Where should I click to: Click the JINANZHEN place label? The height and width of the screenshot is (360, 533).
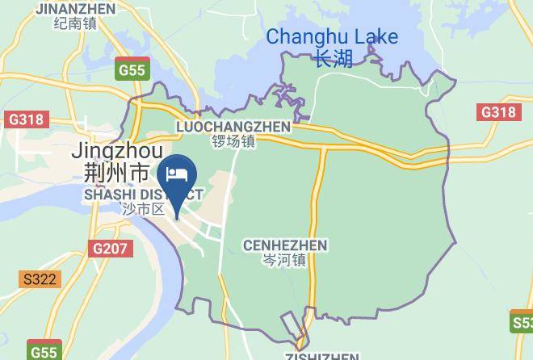click(75, 9)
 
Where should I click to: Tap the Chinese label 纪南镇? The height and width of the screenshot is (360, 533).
click(75, 23)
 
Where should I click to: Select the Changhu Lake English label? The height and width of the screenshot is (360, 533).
click(332, 36)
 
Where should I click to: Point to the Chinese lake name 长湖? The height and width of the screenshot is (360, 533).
click(334, 59)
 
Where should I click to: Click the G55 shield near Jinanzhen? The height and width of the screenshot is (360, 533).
click(131, 69)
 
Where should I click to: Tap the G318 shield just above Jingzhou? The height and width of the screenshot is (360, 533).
click(25, 119)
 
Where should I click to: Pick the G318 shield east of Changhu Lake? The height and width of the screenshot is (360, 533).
click(497, 112)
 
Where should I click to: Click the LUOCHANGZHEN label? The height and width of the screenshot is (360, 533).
click(233, 127)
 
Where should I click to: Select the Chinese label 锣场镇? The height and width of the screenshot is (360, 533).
click(233, 141)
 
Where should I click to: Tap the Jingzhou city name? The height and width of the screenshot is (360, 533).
click(117, 151)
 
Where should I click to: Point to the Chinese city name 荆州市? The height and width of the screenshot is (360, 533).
click(116, 172)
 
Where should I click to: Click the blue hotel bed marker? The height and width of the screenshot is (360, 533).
click(177, 175)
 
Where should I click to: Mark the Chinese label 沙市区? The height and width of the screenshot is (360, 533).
click(143, 209)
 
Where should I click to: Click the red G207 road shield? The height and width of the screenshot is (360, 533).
click(110, 248)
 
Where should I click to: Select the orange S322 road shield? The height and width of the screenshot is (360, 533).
click(40, 279)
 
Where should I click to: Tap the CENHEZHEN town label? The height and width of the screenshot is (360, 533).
click(284, 245)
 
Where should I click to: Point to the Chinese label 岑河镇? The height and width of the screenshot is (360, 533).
click(284, 260)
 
